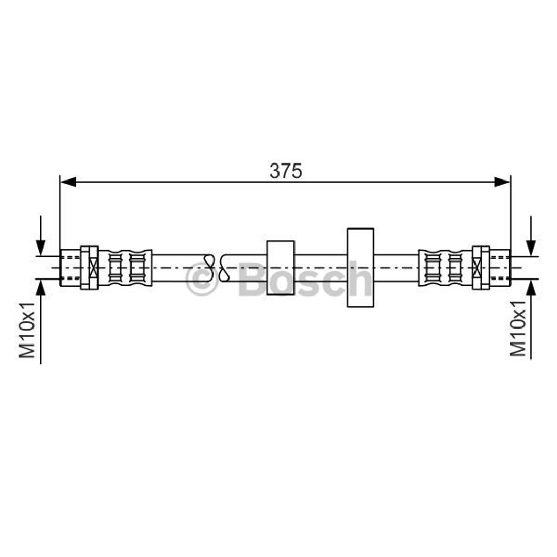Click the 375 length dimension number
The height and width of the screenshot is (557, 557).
[286, 171]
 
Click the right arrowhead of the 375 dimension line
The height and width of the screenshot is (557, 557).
[502, 182]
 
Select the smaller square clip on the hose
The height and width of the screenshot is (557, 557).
[280, 268]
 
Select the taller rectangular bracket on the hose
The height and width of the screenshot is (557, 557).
[360, 268]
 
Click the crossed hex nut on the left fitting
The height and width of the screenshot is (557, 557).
[90, 268]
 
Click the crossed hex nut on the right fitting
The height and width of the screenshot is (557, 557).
[481, 268]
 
